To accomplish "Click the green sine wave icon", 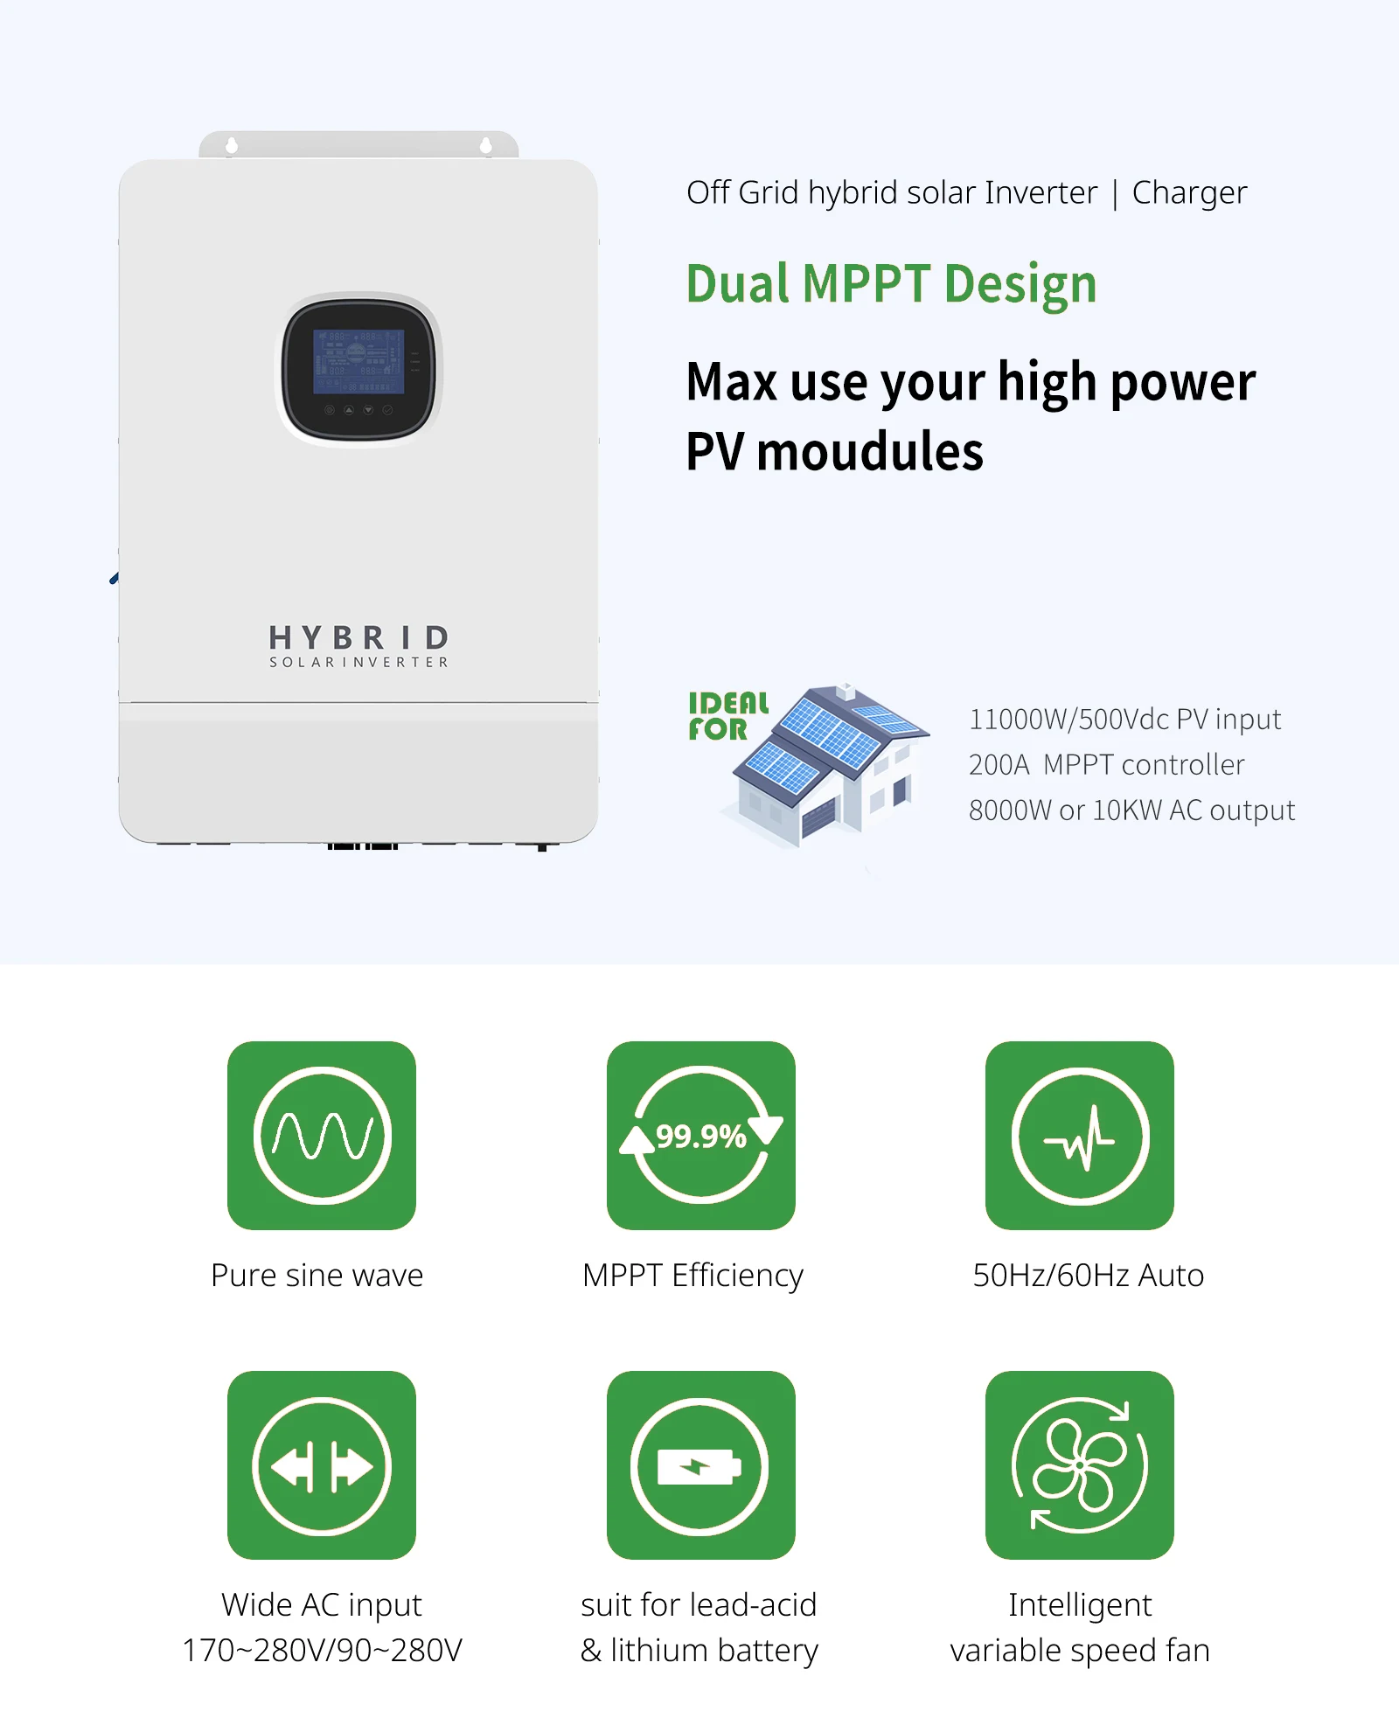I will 322,1135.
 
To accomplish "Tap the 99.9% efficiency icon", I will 701,1135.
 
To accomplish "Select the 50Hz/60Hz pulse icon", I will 1080,1135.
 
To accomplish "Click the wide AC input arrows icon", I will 322,1465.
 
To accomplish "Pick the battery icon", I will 700,1465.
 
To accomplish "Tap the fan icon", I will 1080,1465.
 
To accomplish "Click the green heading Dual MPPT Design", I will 891,284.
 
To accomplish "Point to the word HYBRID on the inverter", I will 358,637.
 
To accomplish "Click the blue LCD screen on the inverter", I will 358,361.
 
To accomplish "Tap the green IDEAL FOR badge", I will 727,716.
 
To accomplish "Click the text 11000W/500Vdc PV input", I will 1124,720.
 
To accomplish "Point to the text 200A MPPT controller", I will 1106,765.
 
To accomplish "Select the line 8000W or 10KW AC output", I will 1131,810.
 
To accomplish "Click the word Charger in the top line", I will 1189,193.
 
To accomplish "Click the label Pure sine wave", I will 317,1276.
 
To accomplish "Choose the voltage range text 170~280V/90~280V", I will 322,1651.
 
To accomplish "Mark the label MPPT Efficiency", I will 693,1276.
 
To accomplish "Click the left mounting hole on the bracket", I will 232,145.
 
